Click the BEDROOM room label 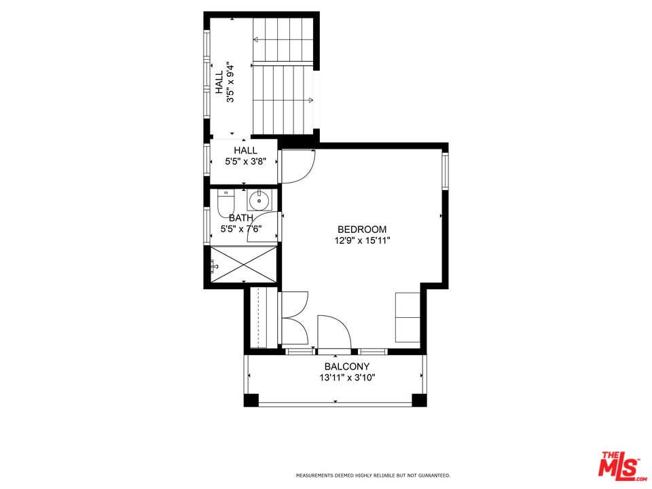pos(362,230)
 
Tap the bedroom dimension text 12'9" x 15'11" pos(362,240)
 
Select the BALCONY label pos(347,367)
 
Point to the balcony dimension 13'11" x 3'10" pos(347,378)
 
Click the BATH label pos(241,218)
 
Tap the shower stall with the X pos(244,264)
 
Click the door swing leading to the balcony pos(333,333)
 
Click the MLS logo pos(619,465)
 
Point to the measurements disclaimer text pos(372,475)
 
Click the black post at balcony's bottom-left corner pos(251,400)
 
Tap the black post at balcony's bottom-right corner pos(420,400)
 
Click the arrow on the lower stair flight pos(310,101)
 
